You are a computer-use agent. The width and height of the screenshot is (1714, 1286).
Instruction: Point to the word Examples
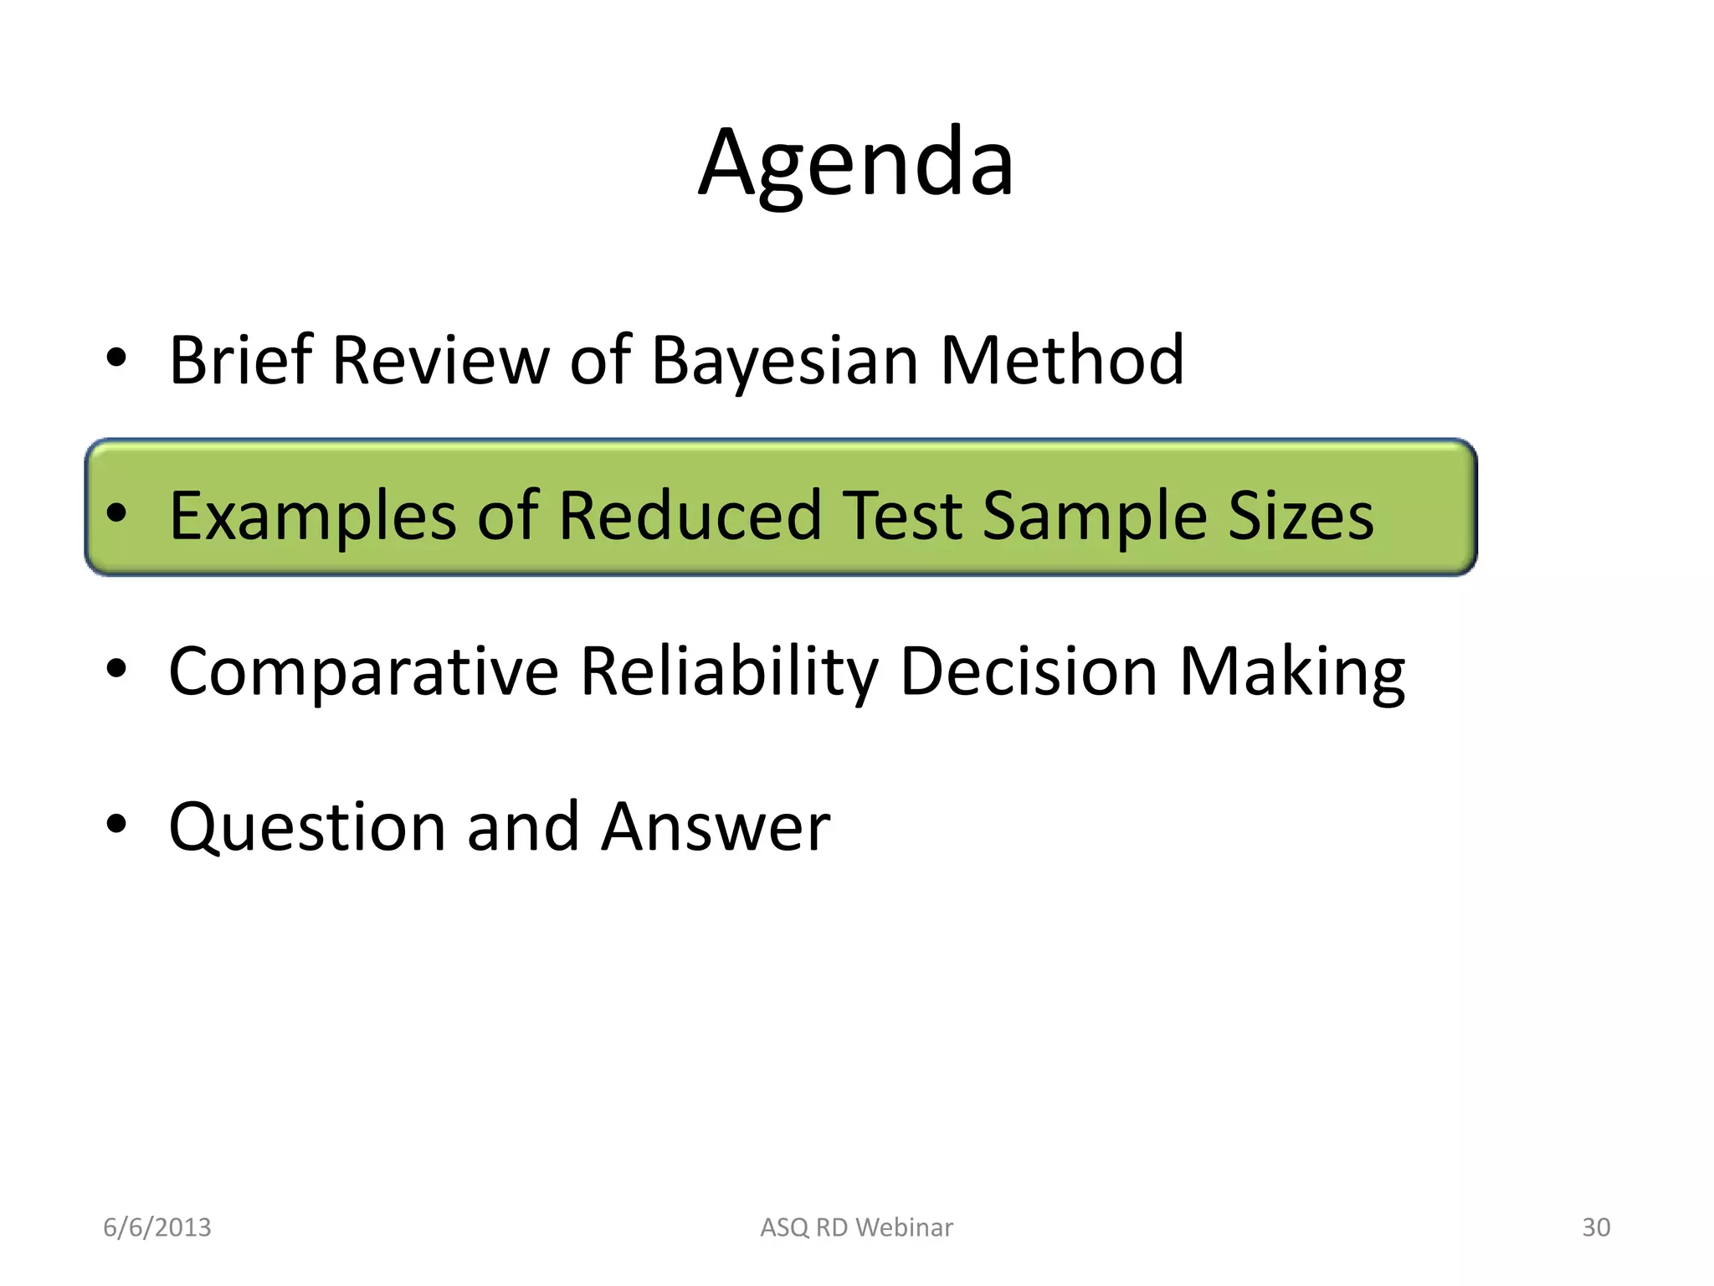[313, 516]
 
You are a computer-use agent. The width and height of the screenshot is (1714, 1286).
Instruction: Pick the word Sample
[1095, 516]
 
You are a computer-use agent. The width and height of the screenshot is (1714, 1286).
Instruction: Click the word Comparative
[364, 671]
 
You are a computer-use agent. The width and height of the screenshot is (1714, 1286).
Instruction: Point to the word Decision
[1029, 671]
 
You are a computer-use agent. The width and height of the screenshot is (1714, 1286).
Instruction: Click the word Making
[1292, 671]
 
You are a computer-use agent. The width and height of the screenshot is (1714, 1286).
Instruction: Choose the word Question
[307, 827]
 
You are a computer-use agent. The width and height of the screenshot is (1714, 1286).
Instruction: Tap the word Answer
[716, 827]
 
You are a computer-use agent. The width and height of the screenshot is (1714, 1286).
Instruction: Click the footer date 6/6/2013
[157, 1227]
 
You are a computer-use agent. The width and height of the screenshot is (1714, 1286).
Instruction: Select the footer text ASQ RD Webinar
[856, 1227]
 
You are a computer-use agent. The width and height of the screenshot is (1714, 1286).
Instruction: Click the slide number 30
[1596, 1227]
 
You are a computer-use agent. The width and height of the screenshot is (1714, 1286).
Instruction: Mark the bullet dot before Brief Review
[116, 358]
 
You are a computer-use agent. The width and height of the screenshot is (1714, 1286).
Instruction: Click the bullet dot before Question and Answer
[116, 824]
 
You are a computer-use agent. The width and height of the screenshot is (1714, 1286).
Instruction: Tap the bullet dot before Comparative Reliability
[116, 668]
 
